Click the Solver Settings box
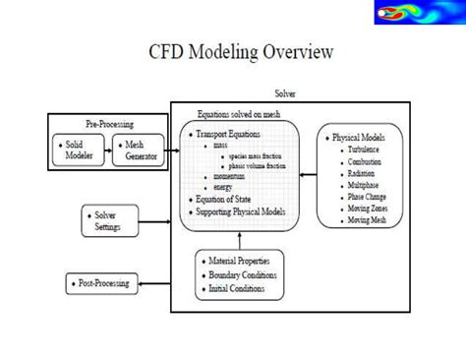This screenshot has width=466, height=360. click(x=103, y=220)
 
